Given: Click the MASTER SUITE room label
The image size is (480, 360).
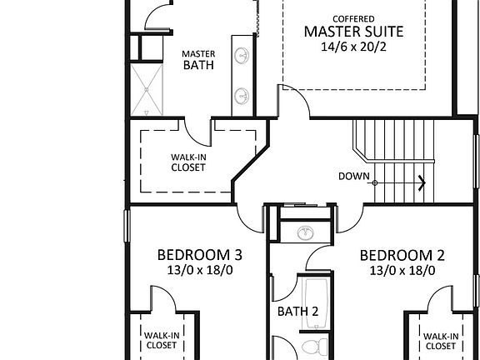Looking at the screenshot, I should point(353,32).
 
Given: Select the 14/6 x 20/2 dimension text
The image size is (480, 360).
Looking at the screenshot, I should point(353,48).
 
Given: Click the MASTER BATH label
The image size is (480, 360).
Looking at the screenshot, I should point(198,59).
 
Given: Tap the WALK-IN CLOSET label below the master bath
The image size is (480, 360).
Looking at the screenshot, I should point(188,162).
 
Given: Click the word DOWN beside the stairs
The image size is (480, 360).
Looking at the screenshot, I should point(354,176).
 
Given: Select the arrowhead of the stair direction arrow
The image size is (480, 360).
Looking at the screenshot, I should point(422,182).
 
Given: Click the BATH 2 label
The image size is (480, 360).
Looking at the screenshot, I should point(297,312).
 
